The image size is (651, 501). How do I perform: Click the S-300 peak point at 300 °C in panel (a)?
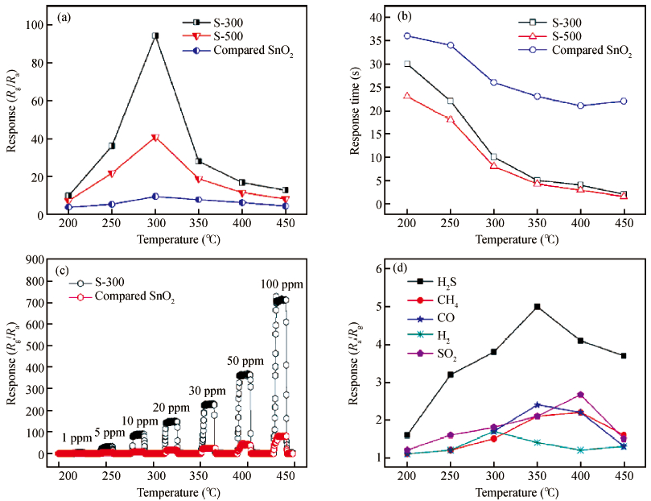155,35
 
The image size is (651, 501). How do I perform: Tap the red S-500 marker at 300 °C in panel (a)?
155,138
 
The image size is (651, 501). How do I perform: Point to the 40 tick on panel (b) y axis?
372,17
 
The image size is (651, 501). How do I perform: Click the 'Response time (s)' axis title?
355,110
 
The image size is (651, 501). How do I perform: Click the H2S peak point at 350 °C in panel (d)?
537,306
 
